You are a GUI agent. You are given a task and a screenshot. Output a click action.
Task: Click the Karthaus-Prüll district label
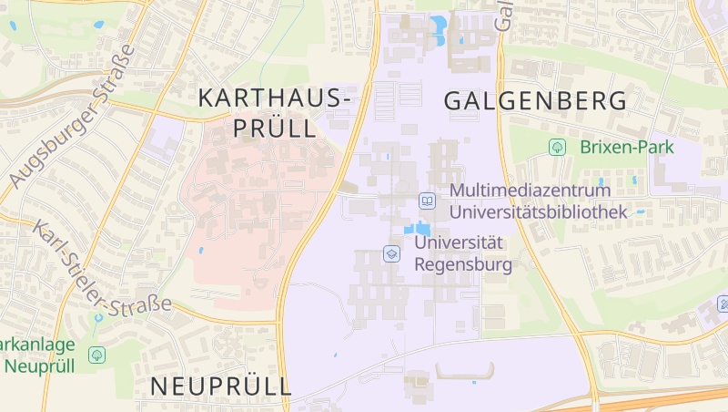click(274, 111)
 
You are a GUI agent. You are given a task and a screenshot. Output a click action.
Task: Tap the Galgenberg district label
click(535, 100)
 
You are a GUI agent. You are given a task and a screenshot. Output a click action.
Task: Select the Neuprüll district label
click(221, 386)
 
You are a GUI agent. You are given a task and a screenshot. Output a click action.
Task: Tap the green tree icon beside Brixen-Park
click(557, 147)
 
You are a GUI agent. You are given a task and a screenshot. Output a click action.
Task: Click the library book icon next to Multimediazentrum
click(427, 201)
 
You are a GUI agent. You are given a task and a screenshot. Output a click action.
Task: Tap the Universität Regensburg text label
click(463, 253)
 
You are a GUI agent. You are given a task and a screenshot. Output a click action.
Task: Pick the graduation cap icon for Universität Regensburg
click(392, 253)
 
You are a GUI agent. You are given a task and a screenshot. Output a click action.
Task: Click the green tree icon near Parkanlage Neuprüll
click(96, 355)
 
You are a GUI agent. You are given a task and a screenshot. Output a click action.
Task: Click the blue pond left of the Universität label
click(418, 228)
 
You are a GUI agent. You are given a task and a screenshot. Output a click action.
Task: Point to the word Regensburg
click(463, 265)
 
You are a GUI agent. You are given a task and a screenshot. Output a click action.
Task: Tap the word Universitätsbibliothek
click(540, 212)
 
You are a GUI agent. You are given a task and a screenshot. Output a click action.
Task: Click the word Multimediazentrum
click(530, 191)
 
